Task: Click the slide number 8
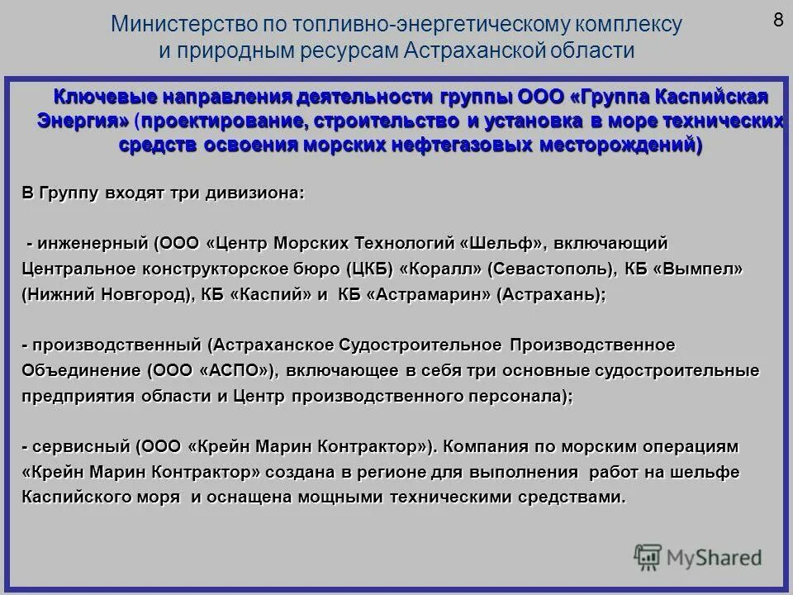pyautogui.click(x=778, y=21)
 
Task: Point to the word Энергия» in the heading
pyautogui.click(x=83, y=121)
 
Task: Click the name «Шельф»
pyautogui.click(x=506, y=244)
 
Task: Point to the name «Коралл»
pyautogui.click(x=441, y=269)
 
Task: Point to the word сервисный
pyautogui.click(x=78, y=446)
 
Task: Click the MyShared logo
pyautogui.click(x=698, y=556)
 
